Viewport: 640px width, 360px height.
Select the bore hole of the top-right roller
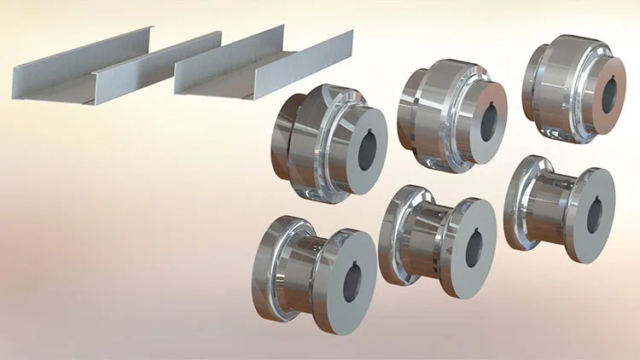tap(609, 96)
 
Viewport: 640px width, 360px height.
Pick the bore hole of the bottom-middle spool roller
tap(473, 247)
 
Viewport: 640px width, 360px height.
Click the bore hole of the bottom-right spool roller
tap(595, 213)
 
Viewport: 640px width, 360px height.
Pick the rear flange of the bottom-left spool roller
tap(271, 260)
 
